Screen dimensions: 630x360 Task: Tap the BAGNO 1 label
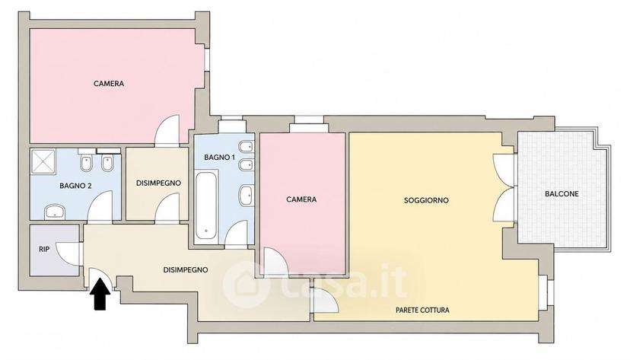pyautogui.click(x=219, y=158)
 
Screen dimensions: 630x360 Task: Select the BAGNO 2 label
pyautogui.click(x=75, y=186)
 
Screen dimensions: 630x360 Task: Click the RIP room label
pyautogui.click(x=44, y=249)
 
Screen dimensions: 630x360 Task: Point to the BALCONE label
pyautogui.click(x=562, y=193)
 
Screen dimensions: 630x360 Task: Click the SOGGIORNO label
pyautogui.click(x=426, y=200)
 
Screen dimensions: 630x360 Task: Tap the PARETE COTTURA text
pyautogui.click(x=422, y=311)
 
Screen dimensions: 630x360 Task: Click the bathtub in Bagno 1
pyautogui.click(x=206, y=205)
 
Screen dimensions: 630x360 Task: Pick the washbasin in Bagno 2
pyautogui.click(x=54, y=212)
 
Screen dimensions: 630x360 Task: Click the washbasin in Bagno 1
pyautogui.click(x=246, y=196)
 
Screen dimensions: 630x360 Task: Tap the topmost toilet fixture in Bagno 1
pyautogui.click(x=246, y=146)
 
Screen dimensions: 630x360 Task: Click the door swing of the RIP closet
pyautogui.click(x=68, y=253)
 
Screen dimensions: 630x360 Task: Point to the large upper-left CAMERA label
pyautogui.click(x=109, y=84)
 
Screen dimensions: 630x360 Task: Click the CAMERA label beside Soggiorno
pyautogui.click(x=301, y=199)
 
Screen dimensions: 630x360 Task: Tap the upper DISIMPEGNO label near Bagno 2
pyautogui.click(x=158, y=183)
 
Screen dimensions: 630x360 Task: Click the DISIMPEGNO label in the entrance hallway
pyautogui.click(x=186, y=270)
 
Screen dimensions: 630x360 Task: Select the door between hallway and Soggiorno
pyautogui.click(x=326, y=301)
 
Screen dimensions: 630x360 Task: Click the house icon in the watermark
pyautogui.click(x=246, y=285)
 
